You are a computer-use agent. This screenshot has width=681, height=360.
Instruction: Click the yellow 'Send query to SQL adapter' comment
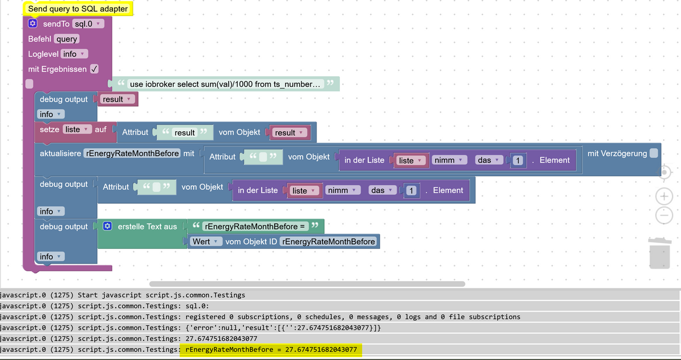pyautogui.click(x=78, y=9)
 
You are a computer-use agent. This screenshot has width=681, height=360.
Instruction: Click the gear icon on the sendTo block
pyautogui.click(x=33, y=24)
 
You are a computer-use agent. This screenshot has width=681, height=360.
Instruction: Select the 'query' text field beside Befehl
pyautogui.click(x=67, y=39)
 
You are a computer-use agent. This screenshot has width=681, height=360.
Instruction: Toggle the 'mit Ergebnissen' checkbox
pyautogui.click(x=94, y=69)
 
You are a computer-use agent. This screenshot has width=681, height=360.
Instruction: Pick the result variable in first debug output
pyautogui.click(x=117, y=99)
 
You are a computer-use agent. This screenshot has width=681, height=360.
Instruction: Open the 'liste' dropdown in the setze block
pyautogui.click(x=77, y=129)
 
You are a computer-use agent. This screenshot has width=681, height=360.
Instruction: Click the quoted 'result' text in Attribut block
pyautogui.click(x=184, y=133)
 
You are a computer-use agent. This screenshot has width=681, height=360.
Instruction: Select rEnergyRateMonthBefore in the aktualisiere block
pyautogui.click(x=132, y=153)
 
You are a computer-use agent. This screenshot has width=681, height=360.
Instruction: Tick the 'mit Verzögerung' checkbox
pyautogui.click(x=654, y=153)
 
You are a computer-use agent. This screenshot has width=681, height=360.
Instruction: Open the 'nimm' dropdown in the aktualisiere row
pyautogui.click(x=448, y=160)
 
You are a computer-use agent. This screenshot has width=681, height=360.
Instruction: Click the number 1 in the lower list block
pyautogui.click(x=411, y=191)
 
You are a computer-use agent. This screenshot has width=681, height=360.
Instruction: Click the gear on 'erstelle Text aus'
pyautogui.click(x=107, y=227)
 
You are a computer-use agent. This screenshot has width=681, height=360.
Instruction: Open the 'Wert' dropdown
pyautogui.click(x=205, y=242)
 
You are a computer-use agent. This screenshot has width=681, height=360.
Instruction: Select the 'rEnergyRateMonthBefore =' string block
pyautogui.click(x=255, y=227)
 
